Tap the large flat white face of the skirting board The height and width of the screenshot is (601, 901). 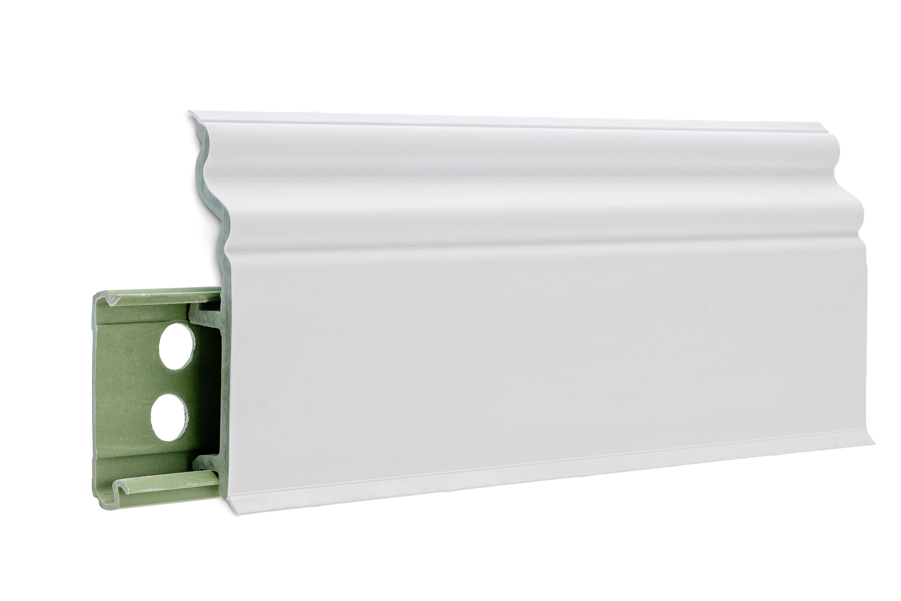click(x=498, y=345)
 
